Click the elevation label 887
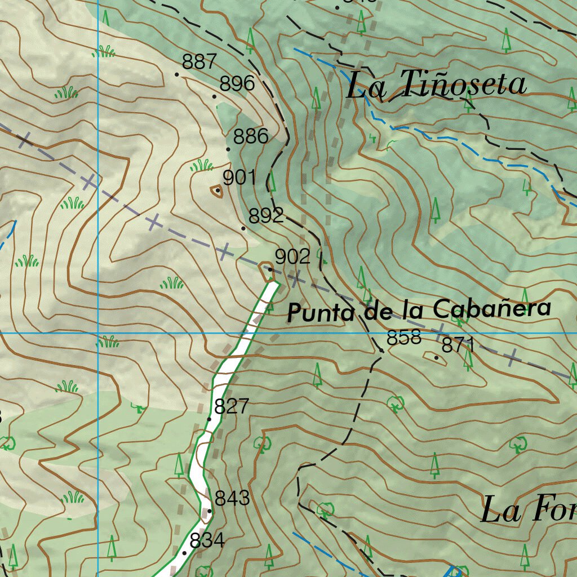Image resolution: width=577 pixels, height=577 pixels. (x=199, y=61)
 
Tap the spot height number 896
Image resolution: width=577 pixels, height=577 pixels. (x=237, y=84)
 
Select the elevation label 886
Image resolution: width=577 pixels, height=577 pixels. (x=251, y=136)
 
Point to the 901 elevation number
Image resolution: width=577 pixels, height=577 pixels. (x=239, y=178)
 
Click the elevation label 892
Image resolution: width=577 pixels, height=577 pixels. (x=266, y=216)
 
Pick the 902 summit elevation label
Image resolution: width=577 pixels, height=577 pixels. (x=292, y=257)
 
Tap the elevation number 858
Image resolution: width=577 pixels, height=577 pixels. (x=404, y=338)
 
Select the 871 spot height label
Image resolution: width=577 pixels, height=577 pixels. (x=458, y=345)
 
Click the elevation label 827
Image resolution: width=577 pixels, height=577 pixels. (x=232, y=406)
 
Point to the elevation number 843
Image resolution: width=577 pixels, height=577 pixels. (x=232, y=498)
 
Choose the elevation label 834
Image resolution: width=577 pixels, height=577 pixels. (x=207, y=540)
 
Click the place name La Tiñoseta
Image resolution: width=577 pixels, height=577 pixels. (x=437, y=85)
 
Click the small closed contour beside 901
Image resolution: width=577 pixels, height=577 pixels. (x=216, y=192)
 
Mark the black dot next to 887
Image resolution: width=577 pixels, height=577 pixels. (x=177, y=74)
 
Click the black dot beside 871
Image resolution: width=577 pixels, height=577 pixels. (x=436, y=357)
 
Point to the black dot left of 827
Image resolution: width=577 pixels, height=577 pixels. (x=210, y=419)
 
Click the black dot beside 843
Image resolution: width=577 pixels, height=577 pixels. (x=210, y=511)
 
